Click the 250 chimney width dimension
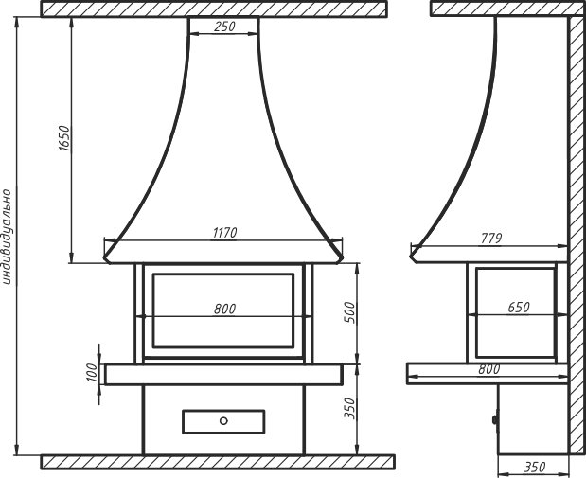click(225, 27)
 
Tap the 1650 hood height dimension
click(64, 138)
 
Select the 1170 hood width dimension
click(225, 233)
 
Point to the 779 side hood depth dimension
click(491, 239)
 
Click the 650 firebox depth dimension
click(519, 308)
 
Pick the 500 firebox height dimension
click(350, 312)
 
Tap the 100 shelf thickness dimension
click(92, 372)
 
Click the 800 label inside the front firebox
click(225, 310)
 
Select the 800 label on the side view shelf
click(488, 369)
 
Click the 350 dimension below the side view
click(535, 468)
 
